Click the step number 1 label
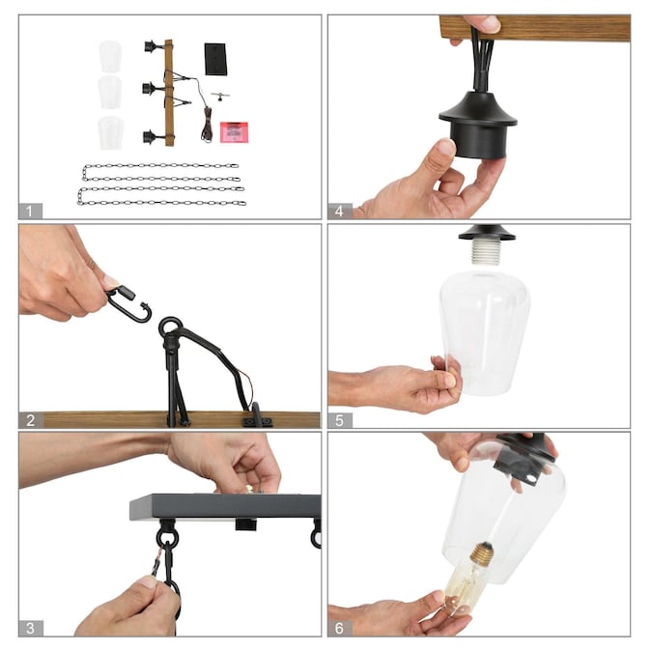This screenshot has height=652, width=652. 30,211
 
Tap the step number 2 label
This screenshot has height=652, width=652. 31,420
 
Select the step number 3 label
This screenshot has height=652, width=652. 31,628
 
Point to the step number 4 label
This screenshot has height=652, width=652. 340,211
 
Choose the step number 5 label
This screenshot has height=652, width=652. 340,420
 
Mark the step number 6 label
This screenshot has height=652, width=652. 340,628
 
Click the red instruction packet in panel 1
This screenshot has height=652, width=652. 234,132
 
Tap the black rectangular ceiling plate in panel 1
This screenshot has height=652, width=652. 215,59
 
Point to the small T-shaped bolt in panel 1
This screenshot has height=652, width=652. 220,96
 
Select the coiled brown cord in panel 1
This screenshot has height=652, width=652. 207,125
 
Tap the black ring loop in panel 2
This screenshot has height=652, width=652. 170,327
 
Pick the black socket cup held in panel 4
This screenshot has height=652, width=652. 478,125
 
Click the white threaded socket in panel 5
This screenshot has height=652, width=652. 487,252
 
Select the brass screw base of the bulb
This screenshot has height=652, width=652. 481,553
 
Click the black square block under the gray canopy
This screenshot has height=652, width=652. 245,524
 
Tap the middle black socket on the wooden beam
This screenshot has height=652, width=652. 151,89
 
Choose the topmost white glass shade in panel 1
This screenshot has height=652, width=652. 110,55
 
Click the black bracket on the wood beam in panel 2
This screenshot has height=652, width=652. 257,416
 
